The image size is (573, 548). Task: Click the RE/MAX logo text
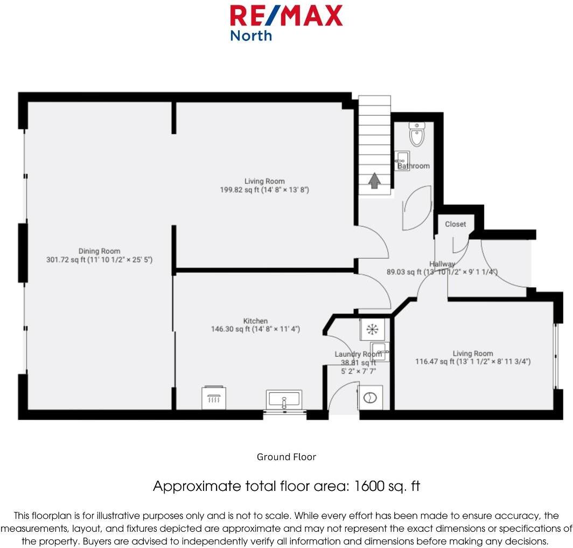click(286, 16)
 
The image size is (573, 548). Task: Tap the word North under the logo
click(251, 36)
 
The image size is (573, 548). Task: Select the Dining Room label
click(99, 251)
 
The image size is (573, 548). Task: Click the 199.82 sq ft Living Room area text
click(264, 190)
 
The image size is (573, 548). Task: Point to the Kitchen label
click(255, 321)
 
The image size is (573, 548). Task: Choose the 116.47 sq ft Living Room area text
click(472, 362)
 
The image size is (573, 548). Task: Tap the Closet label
click(455, 224)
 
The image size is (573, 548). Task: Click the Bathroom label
click(414, 166)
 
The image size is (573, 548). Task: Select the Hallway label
click(442, 264)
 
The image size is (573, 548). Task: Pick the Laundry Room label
click(358, 354)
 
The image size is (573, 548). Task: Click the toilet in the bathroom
click(417, 135)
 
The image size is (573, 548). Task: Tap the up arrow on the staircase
click(374, 181)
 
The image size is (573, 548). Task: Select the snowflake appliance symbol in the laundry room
click(371, 329)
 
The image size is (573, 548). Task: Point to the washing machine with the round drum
click(370, 398)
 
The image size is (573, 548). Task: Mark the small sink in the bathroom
click(402, 157)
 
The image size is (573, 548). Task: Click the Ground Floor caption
click(286, 457)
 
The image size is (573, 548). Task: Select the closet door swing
click(459, 245)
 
